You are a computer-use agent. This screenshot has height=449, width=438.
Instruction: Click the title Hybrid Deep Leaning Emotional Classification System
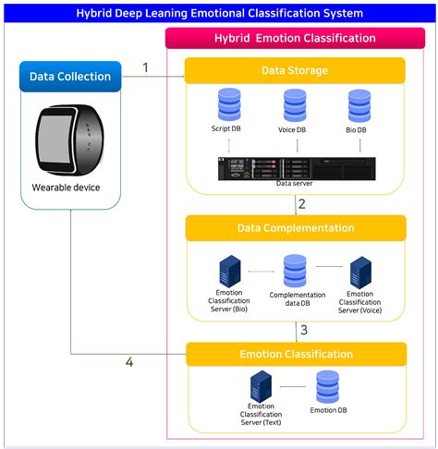click(219, 13)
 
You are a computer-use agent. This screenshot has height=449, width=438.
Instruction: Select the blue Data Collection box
click(70, 77)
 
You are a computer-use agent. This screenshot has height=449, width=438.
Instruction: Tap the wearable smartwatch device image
click(70, 143)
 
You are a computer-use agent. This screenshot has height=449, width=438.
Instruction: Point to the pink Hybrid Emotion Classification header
click(296, 38)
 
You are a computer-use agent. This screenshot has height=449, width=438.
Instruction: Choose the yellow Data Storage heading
click(295, 70)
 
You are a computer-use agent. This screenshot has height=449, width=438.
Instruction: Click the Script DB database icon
click(229, 104)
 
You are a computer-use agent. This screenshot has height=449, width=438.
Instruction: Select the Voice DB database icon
click(295, 104)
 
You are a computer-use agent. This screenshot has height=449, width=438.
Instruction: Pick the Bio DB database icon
click(359, 104)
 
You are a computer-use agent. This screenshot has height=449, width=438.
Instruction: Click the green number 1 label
click(145, 67)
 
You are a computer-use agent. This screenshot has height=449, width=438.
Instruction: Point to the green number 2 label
click(302, 204)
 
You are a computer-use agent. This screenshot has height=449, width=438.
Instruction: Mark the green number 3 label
click(302, 330)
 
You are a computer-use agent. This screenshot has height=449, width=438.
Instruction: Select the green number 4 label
click(129, 362)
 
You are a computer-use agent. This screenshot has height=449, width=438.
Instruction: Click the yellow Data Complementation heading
click(295, 227)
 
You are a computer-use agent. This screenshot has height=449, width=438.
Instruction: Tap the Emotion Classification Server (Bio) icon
click(228, 271)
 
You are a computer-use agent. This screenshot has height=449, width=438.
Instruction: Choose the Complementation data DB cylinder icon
click(295, 271)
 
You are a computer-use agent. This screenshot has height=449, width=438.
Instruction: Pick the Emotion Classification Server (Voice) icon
click(360, 271)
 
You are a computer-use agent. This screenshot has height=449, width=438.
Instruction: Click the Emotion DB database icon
click(327, 387)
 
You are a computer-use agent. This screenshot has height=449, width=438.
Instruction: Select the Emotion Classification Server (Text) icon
click(262, 387)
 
